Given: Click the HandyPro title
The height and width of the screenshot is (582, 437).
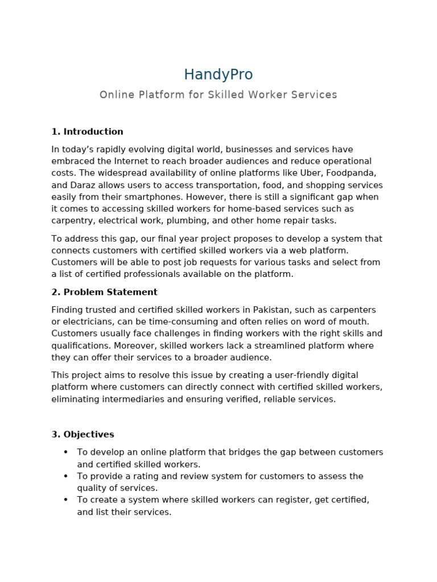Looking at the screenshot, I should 218,74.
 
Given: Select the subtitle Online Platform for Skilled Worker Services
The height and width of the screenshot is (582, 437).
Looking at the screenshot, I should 218,95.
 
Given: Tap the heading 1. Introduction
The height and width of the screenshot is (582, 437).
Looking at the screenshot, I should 87,132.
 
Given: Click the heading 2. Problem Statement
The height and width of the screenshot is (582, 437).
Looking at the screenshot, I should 104,292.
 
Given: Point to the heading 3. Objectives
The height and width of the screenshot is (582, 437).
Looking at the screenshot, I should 83,435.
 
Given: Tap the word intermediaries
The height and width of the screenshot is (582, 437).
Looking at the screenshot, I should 131,399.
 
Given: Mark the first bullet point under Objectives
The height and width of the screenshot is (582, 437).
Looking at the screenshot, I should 65,452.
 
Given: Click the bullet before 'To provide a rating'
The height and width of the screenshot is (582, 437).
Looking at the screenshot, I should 65,476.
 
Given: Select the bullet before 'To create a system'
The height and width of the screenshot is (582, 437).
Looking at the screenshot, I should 65,500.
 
